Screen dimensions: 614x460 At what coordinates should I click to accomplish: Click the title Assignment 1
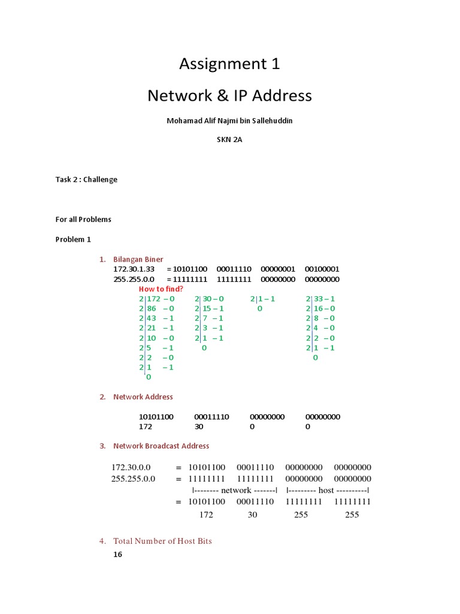point(230,64)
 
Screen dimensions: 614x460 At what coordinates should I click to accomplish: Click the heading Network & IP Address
point(230,95)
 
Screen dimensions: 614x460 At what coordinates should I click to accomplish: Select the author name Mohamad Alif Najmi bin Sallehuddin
point(230,121)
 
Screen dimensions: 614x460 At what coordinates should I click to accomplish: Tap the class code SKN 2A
point(230,140)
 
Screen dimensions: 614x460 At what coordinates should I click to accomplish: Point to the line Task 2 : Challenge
point(86,179)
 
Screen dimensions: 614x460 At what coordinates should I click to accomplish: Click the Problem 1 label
point(73,239)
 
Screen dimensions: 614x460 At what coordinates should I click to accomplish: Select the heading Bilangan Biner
point(138,259)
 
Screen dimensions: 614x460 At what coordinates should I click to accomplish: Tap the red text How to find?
point(161,288)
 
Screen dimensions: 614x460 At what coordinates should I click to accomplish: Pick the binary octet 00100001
point(322,269)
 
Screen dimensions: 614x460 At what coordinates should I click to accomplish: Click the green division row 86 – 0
point(160,308)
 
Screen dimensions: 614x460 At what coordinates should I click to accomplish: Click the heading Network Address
point(143,396)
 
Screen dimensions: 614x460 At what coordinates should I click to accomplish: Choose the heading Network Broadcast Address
point(161,446)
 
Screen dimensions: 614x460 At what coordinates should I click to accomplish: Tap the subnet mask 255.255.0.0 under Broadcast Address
point(133,478)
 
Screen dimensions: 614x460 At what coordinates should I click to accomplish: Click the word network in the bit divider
point(235,490)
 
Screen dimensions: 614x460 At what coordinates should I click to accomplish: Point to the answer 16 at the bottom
point(117,555)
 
